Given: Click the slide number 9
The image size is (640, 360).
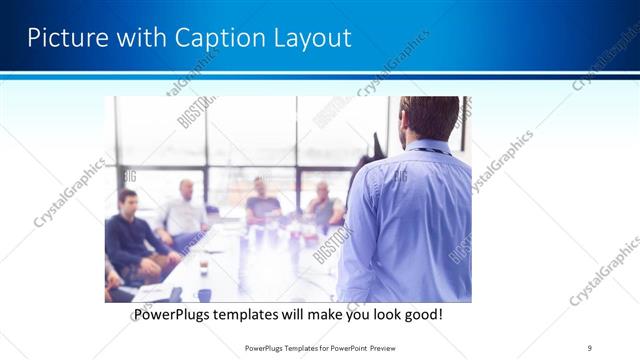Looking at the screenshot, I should coord(590,348).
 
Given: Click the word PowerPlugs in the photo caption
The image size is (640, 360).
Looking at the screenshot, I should coord(172,315).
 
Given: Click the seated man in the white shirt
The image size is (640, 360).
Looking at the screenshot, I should coord(183,212).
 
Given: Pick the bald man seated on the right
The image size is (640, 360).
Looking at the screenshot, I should coord(322,204).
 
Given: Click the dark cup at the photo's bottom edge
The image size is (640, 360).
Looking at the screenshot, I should coord(204,294).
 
